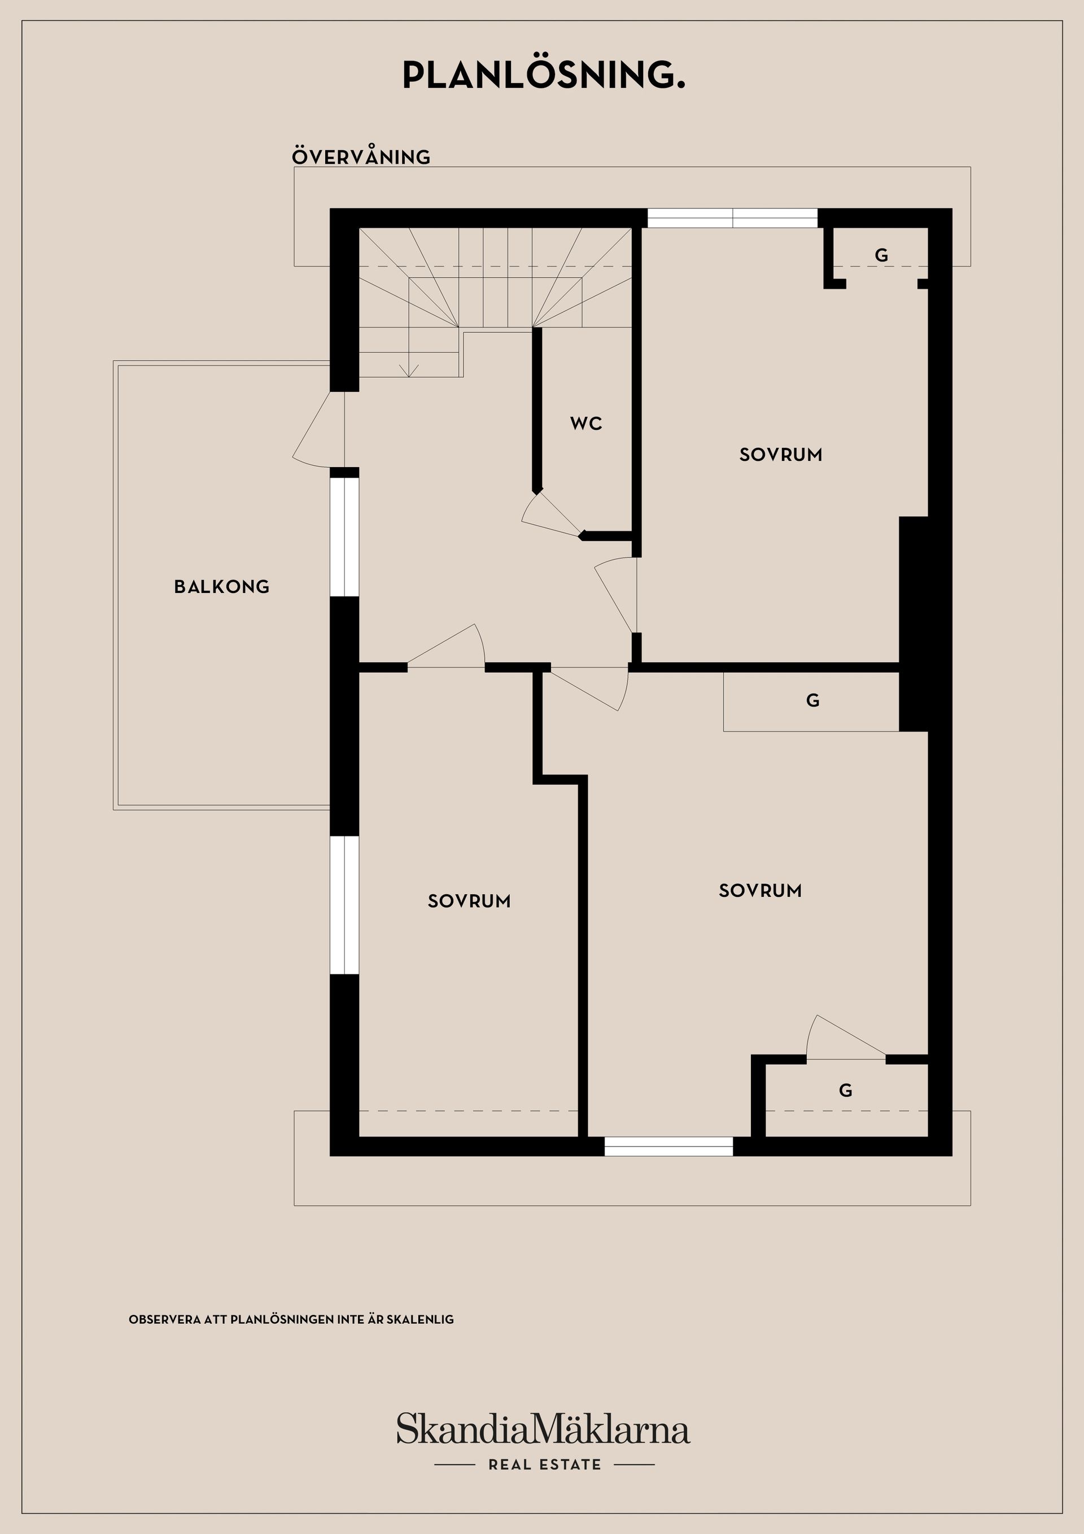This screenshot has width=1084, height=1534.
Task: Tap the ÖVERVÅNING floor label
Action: [x=361, y=157]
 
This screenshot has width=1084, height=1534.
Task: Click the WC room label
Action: [x=585, y=423]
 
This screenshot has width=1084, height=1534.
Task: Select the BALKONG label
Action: [x=222, y=587]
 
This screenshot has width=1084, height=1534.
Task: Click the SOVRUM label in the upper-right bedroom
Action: [x=780, y=455]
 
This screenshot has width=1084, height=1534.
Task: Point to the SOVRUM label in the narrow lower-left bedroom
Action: [x=469, y=901]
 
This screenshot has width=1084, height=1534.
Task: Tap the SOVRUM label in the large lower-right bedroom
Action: [x=760, y=891]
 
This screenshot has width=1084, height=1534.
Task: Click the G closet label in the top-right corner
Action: [x=881, y=255]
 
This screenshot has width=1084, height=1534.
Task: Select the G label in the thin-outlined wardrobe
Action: [x=812, y=700]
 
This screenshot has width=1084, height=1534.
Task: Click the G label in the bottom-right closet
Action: [x=845, y=1091]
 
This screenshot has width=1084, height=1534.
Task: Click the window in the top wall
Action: [x=732, y=219]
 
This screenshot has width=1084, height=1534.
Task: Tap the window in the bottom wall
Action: [x=668, y=1147]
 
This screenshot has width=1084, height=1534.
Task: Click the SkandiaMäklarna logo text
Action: [x=543, y=1431]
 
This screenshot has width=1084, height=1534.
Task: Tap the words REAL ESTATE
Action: [x=544, y=1465]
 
